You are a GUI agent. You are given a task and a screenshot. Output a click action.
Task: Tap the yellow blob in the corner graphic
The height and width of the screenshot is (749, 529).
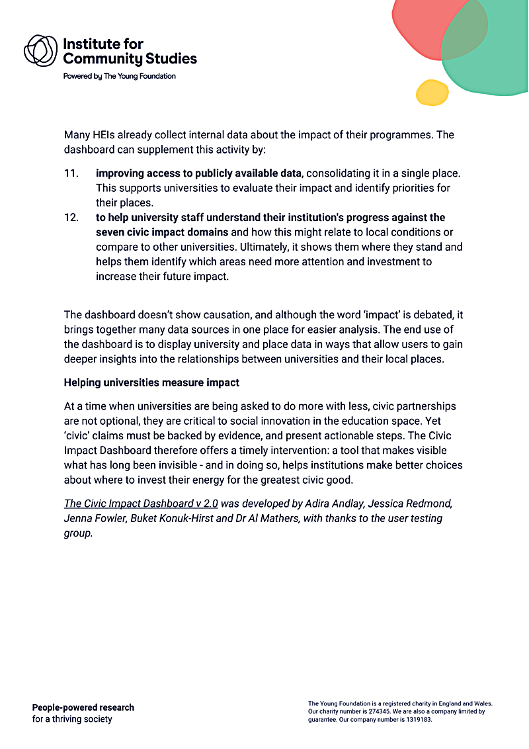click(432, 92)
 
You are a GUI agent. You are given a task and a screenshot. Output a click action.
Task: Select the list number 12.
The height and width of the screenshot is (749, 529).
click(71, 218)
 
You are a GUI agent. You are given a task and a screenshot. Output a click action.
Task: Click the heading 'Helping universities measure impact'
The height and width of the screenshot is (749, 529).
click(151, 382)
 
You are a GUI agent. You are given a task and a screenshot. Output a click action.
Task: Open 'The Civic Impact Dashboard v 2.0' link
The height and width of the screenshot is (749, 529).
click(141, 504)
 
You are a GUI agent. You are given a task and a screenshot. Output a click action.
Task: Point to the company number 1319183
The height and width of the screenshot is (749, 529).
click(416, 720)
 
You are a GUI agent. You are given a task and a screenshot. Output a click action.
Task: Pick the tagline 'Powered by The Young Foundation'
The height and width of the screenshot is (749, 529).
click(119, 76)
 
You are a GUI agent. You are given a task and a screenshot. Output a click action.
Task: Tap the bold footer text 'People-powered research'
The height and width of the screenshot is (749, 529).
click(83, 707)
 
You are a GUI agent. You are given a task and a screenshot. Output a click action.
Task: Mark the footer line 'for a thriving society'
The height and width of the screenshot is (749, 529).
click(72, 719)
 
